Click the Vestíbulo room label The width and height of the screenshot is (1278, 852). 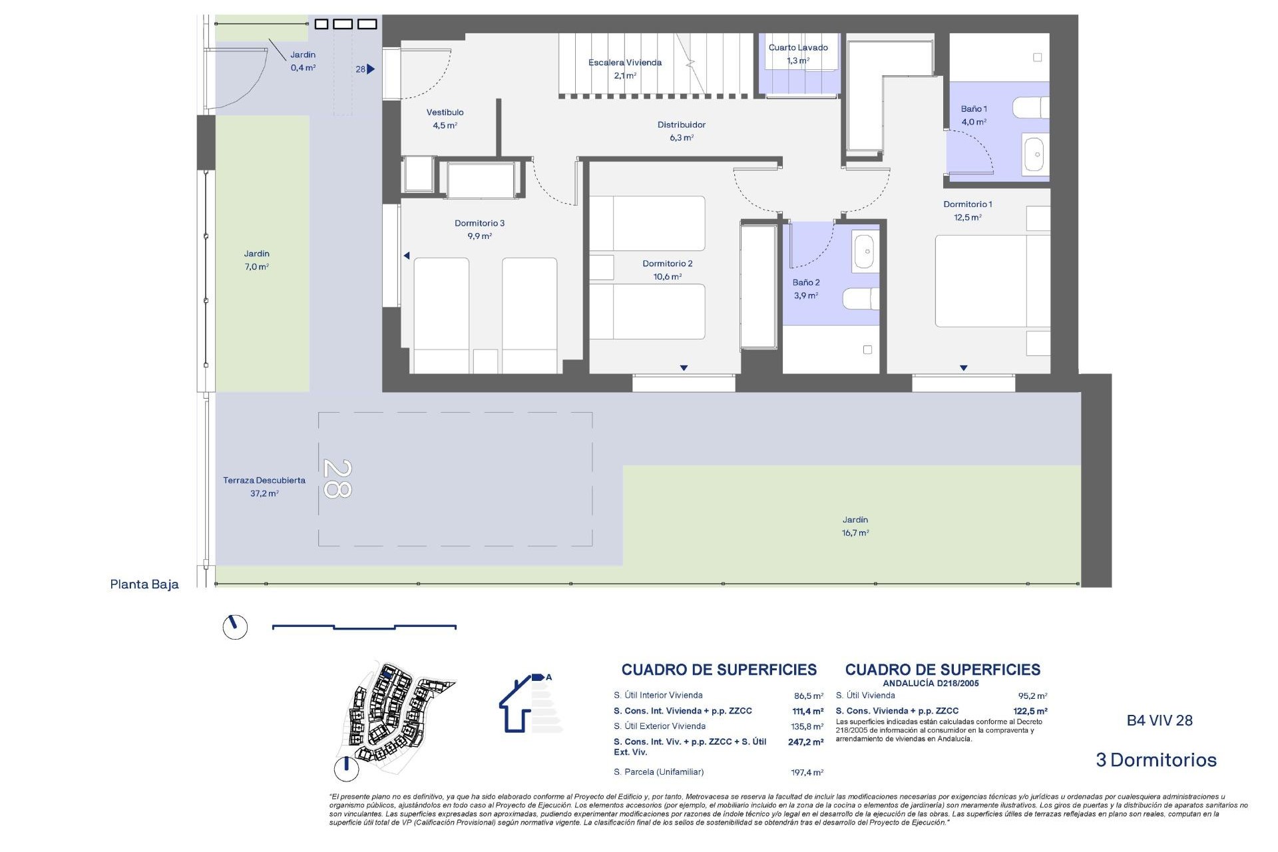445,118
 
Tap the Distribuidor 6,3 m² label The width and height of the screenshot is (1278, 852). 681,130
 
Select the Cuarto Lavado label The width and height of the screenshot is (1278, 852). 797,53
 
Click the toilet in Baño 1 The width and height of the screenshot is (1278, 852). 1030,108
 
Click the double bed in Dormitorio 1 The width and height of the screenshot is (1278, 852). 992,280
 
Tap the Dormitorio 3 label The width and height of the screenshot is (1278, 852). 479,229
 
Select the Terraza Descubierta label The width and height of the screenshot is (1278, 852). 264,486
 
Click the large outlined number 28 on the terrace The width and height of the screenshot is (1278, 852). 337,479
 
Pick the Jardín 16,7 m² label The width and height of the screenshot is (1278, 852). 855,526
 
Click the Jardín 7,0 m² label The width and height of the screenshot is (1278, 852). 256,260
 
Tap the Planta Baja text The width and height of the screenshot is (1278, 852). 144,584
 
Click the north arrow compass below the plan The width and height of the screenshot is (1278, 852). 234,626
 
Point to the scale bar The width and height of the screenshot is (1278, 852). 364,626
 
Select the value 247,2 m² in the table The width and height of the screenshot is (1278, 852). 805,742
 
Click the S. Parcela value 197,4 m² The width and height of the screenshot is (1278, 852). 806,773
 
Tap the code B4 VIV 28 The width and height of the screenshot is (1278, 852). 1159,720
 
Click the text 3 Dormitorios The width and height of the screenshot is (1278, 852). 1156,760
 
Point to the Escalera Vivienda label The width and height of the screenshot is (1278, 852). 624,69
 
